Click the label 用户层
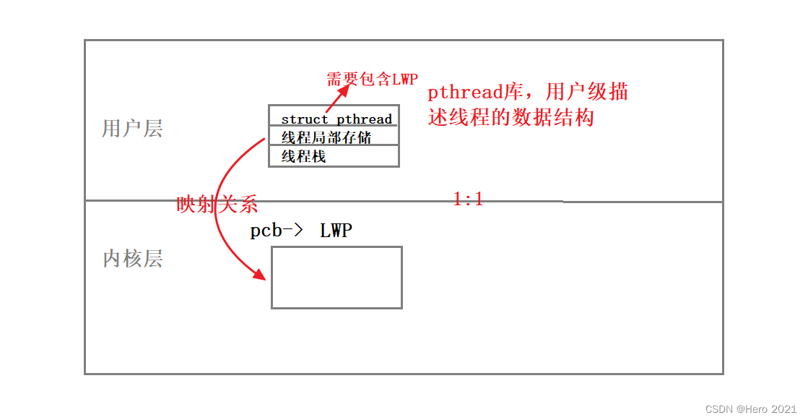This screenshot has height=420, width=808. (x=132, y=129)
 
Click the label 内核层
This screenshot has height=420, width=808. (x=132, y=258)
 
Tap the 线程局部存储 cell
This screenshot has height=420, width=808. (x=326, y=137)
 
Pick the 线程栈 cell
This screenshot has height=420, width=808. (x=303, y=155)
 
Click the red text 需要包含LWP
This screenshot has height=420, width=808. (x=372, y=79)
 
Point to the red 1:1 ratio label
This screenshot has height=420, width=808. (x=468, y=200)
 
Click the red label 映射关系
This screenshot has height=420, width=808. (x=217, y=205)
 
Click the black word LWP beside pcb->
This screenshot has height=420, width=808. (x=336, y=231)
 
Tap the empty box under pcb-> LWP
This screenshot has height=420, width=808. (x=336, y=278)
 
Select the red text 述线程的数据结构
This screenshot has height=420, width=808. (x=511, y=117)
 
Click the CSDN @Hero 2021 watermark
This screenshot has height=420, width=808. (x=750, y=408)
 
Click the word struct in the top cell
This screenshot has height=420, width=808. (x=305, y=119)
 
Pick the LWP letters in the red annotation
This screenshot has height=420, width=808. (x=404, y=79)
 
